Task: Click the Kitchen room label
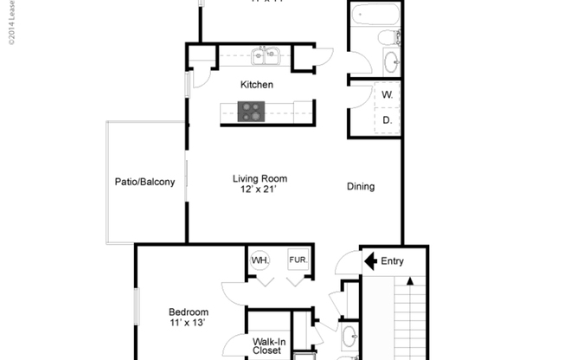click(257, 85)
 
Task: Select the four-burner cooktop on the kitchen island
click(252, 111)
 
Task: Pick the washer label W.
click(387, 94)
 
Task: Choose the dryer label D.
click(387, 121)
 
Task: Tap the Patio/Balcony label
click(145, 183)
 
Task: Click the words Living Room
click(260, 179)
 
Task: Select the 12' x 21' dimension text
click(260, 190)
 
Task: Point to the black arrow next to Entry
click(370, 260)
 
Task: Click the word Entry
click(392, 260)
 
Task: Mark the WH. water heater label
click(260, 260)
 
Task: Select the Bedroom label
click(188, 312)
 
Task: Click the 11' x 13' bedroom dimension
click(188, 324)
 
